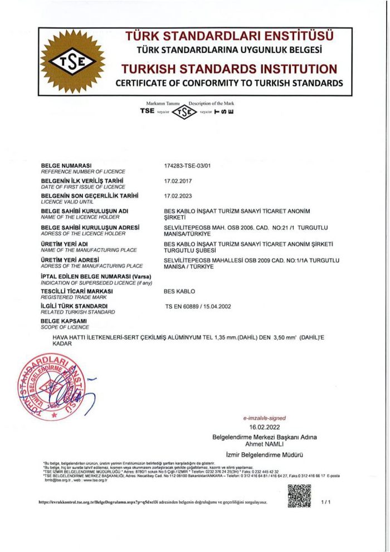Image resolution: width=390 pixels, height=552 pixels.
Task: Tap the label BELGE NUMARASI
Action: pos(66,166)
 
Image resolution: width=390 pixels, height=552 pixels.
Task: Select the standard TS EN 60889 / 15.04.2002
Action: pos(198,306)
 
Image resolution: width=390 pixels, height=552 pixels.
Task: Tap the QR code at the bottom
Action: pos(299,496)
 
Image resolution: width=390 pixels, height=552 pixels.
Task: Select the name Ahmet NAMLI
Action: pos(264,443)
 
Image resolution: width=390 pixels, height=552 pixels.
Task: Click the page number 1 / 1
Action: pos(326,502)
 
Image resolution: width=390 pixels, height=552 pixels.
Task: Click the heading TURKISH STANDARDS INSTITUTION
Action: pos(229,70)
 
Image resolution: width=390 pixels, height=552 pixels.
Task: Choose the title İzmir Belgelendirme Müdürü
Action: pos(265,455)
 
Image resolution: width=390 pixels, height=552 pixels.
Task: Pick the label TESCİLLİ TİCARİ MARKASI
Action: pos(77,291)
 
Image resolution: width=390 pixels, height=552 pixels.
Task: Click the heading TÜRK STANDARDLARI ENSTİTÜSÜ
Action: pos(229,37)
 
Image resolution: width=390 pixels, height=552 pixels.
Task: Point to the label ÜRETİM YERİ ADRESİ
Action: pos(70,260)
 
